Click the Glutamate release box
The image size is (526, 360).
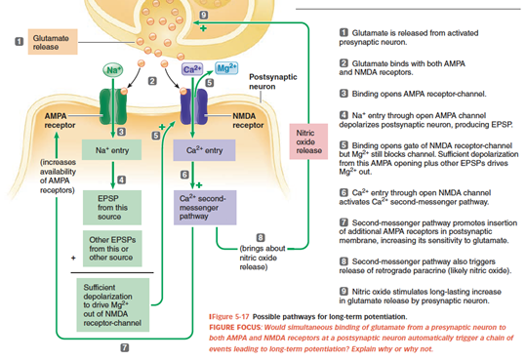click(x=53, y=42)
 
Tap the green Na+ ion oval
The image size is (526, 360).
click(x=113, y=70)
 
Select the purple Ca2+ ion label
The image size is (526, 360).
click(x=192, y=69)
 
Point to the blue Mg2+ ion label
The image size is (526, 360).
click(x=226, y=68)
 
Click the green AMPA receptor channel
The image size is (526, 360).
click(x=113, y=106)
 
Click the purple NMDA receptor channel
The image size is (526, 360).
click(x=193, y=106)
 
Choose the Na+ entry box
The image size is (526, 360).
click(x=111, y=149)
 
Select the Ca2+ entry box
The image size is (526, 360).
click(x=204, y=150)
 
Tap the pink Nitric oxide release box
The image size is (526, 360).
click(x=308, y=141)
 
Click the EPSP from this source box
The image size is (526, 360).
click(x=112, y=208)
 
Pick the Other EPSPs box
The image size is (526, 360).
click(x=112, y=248)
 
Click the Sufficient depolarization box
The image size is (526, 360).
click(x=113, y=304)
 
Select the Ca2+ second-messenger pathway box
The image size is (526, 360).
click(x=205, y=208)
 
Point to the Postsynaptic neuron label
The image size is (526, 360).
click(x=272, y=82)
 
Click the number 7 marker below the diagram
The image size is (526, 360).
click(x=125, y=347)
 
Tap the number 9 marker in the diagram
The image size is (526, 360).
click(x=203, y=15)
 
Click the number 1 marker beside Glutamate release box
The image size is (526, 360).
click(x=20, y=41)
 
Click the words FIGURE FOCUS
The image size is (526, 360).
click(x=235, y=327)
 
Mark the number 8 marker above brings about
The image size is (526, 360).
click(x=261, y=237)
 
